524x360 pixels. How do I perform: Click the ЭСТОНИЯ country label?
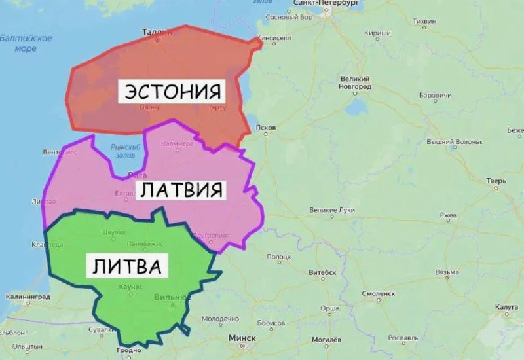[x=172, y=91]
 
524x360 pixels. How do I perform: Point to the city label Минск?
[x=242, y=338]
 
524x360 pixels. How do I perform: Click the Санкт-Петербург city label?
[x=326, y=4]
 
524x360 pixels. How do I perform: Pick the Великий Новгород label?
[x=356, y=82]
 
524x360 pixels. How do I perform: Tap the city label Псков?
[x=267, y=127]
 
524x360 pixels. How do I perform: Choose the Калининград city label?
[x=28, y=297]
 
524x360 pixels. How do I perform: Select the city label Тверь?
[x=496, y=181]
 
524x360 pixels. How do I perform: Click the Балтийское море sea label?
[x=26, y=43]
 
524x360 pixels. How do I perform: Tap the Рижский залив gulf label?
[x=125, y=151]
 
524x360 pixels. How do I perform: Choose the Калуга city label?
[x=506, y=306]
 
